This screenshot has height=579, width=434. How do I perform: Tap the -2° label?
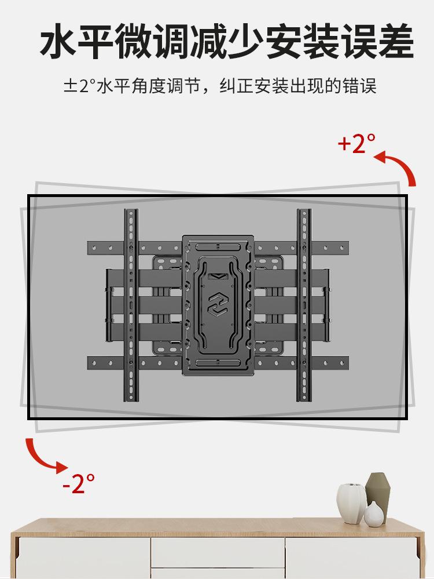pos(78,482)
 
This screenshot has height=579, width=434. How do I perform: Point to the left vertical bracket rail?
pos(131,307)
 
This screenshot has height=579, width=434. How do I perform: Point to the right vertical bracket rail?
pos(304,307)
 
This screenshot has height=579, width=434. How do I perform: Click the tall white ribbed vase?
pos(351,502)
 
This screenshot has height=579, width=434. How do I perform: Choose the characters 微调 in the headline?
pos(154,42)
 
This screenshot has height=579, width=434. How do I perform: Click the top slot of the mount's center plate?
pos(218,246)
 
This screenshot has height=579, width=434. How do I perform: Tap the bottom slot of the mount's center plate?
pos(218,362)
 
